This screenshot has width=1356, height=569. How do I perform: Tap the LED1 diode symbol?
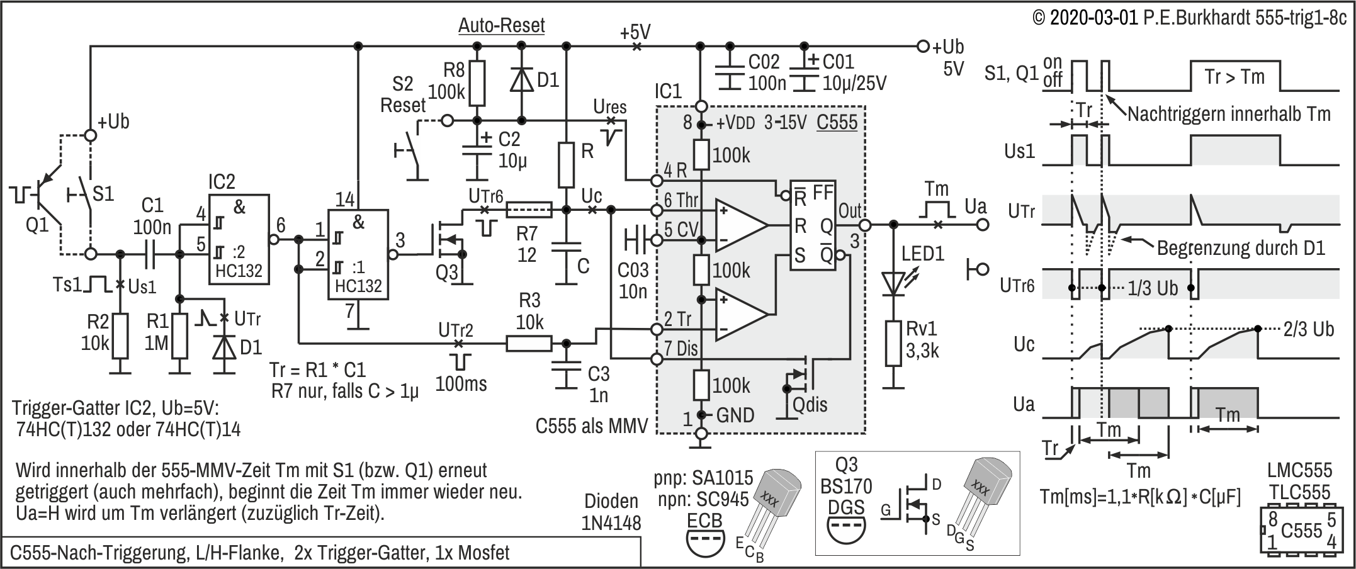point(893,283)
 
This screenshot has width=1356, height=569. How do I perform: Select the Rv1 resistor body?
point(893,343)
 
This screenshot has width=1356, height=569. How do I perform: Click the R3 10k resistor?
point(529,343)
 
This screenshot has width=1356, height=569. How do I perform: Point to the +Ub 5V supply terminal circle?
point(923,46)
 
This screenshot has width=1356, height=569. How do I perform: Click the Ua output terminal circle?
point(983,224)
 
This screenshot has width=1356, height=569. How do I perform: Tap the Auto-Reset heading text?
point(501,26)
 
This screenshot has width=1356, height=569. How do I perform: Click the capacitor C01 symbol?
point(803,70)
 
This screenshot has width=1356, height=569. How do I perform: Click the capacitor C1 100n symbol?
point(150,254)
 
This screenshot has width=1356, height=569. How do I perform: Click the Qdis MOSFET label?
point(810,405)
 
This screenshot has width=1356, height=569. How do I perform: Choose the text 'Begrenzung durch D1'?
point(1241,248)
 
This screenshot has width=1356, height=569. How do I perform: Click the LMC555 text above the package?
point(1299,470)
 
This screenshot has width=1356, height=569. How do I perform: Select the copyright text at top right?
point(1189,18)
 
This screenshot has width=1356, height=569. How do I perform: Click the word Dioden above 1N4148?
point(611,501)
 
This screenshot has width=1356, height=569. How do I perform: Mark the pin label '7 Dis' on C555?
point(681,348)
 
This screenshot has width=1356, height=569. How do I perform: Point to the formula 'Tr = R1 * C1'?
point(317,369)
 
